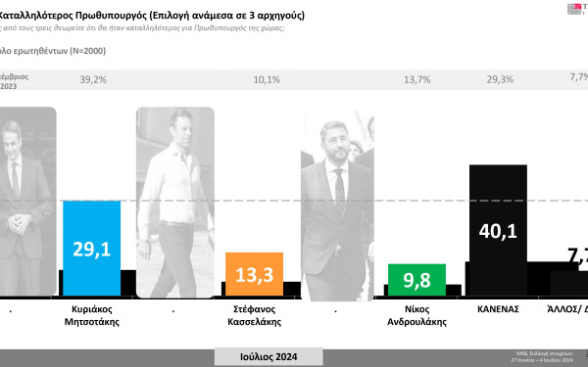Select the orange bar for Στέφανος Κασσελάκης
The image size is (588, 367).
[x=254, y=274]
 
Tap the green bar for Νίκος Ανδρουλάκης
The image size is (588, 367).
[x=416, y=280]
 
